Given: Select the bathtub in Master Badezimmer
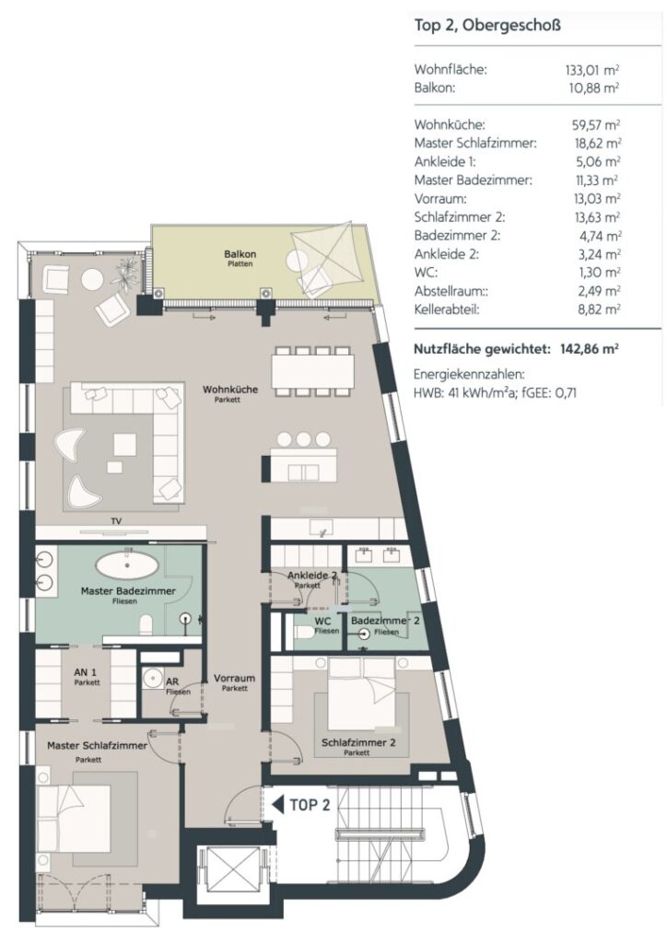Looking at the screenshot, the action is [x=127, y=566].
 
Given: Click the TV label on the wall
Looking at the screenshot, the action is [x=116, y=521].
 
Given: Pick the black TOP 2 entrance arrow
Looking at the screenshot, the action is [x=278, y=805].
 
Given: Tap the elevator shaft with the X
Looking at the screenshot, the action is [x=231, y=870].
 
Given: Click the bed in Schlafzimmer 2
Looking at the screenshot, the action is [x=361, y=693].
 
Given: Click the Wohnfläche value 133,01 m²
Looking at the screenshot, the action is [x=591, y=70].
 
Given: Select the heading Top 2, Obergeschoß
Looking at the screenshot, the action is [x=487, y=26].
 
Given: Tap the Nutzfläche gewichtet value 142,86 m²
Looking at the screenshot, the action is [x=590, y=349].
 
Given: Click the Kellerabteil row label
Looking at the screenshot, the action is [x=446, y=309].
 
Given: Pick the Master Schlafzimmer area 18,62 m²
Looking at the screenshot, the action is [x=597, y=144].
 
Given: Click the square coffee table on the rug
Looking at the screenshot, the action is [x=125, y=445].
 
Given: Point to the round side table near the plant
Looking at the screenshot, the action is [x=93, y=280].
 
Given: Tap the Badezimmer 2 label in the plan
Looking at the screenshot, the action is [x=385, y=621].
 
